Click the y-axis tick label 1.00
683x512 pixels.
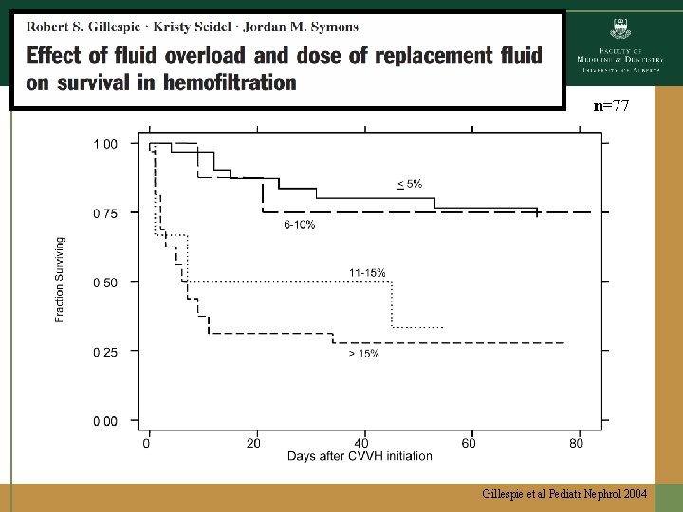click(105, 144)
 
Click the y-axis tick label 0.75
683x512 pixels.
click(105, 214)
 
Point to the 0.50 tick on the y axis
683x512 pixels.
click(105, 283)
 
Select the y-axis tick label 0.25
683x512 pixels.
click(105, 352)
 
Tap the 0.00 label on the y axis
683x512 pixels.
click(105, 421)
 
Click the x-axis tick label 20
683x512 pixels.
click(253, 443)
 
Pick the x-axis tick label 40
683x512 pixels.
click(360, 443)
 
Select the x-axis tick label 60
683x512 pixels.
click(469, 443)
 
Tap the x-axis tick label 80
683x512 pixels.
click(576, 443)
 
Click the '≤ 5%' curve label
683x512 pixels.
click(410, 183)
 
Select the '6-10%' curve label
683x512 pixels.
click(300, 226)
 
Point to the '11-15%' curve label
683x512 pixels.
click(367, 273)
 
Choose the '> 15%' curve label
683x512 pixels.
click(363, 354)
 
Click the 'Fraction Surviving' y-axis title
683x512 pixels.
click(61, 281)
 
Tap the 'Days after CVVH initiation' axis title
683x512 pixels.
click(360, 456)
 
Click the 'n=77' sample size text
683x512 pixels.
click(611, 106)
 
